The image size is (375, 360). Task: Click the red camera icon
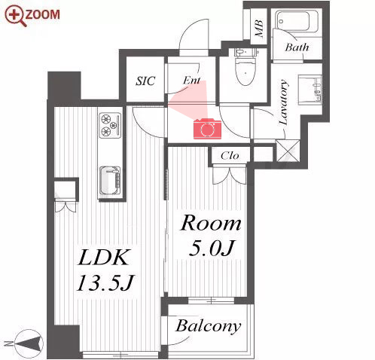pos(207,129)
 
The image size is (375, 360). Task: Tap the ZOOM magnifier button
pos(32,15)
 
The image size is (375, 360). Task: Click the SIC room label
pos(145,81)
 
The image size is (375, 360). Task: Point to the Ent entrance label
pos(191,81)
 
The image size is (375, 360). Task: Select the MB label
pos(259,28)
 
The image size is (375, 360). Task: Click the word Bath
pos(297,47)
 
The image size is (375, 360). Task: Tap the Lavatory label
pos(283,102)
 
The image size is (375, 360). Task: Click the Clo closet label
pos(230,156)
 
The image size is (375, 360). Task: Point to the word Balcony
pos(209,326)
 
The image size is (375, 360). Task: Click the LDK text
pos(103,258)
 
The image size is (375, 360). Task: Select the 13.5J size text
pos(105,283)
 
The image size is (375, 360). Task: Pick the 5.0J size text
pos(212,248)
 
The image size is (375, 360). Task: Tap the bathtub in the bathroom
pos(296,21)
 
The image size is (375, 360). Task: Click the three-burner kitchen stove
pos(110,125)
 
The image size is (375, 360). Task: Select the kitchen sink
pos(110,181)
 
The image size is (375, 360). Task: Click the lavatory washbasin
pos(309,90)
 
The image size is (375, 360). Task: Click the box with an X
pos(288,151)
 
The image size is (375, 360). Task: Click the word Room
pos(211,223)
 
